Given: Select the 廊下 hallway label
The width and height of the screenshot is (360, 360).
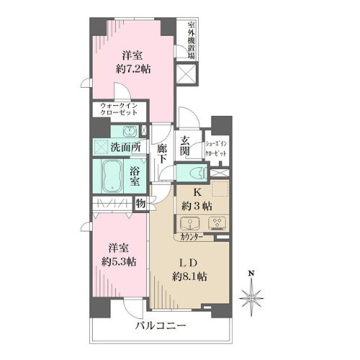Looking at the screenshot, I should [x=163, y=148].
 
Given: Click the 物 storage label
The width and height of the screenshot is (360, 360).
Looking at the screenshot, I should [x=140, y=204].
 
